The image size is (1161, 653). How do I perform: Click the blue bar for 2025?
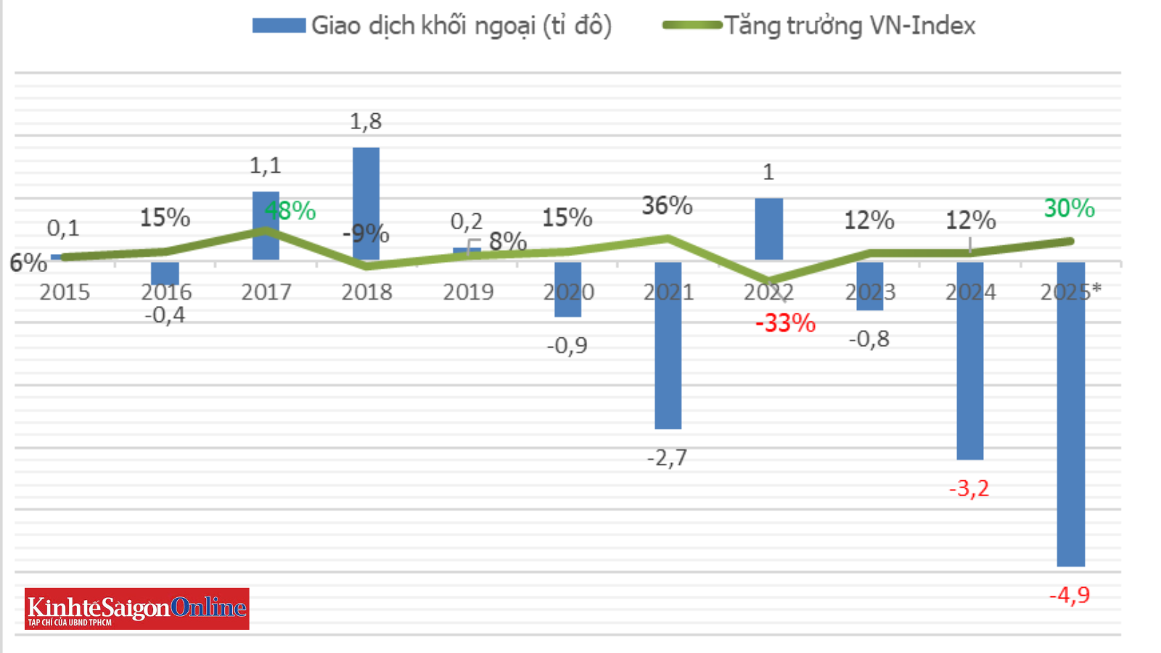click(1070, 414)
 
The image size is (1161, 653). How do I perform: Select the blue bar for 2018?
click(366, 203)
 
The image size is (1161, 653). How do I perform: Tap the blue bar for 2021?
click(668, 345)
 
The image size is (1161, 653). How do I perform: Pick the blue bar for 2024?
click(970, 361)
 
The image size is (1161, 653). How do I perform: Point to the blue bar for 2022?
click(768, 229)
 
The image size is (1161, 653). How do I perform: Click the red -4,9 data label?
click(1070, 596)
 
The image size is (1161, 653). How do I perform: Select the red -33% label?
click(785, 323)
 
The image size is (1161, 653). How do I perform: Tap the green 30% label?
click(1069, 208)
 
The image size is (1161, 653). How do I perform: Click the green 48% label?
click(290, 211)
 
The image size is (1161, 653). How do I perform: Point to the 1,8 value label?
click(366, 121)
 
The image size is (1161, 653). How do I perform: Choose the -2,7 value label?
click(667, 458)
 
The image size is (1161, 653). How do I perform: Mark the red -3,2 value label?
click(969, 488)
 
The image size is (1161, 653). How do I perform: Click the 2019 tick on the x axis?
click(468, 292)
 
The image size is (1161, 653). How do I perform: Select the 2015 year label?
click(65, 292)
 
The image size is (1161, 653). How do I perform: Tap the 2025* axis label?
click(1070, 292)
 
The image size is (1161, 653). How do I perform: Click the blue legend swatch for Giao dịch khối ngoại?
click(279, 26)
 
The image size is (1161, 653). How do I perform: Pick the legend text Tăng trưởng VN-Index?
click(850, 26)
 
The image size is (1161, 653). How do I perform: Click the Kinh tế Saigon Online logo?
click(137, 608)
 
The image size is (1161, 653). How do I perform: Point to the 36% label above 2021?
click(667, 206)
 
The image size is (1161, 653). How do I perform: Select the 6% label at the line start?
click(28, 263)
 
